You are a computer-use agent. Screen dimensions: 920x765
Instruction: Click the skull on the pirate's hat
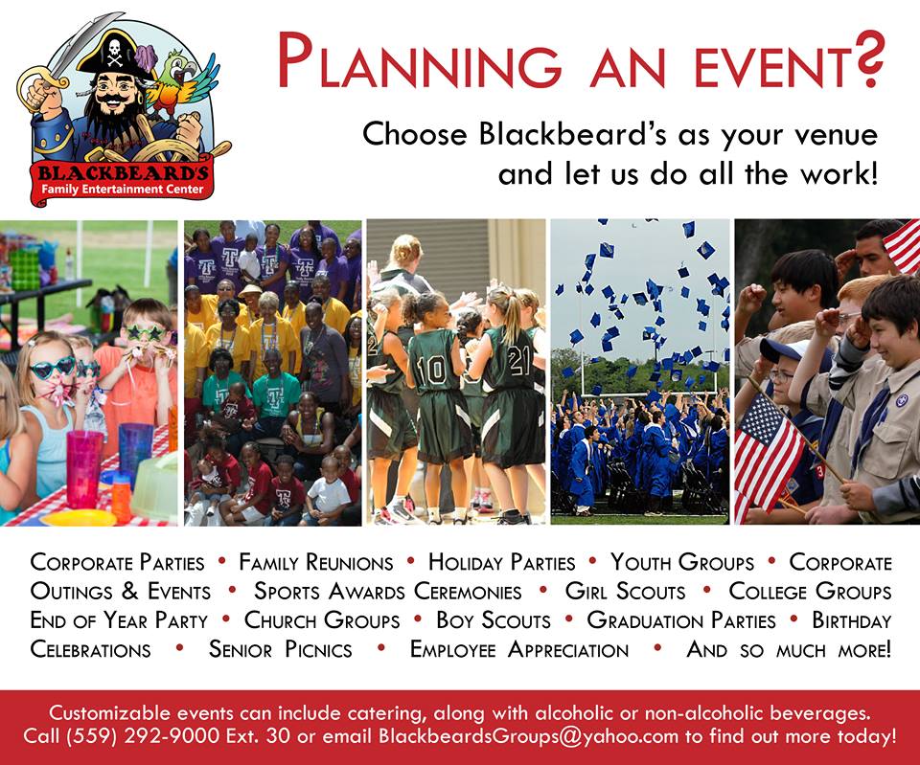point(115,52)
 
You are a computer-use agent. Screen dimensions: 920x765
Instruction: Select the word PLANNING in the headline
point(420,61)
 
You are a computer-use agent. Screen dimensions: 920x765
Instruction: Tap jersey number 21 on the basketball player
point(519,360)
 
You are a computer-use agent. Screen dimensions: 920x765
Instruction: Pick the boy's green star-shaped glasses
point(145,333)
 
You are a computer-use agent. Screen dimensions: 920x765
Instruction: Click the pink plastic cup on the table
point(84,469)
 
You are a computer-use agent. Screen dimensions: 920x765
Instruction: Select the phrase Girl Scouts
point(625,591)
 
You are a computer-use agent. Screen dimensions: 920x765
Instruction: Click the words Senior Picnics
point(281,649)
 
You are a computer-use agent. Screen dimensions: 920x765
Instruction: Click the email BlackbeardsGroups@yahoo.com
point(528,735)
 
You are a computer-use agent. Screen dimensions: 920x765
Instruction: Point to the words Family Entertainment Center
point(122,190)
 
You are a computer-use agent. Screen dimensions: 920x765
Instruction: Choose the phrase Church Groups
point(322,620)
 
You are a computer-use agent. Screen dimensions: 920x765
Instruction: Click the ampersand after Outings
point(129,591)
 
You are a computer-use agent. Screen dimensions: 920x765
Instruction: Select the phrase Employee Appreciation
point(519,649)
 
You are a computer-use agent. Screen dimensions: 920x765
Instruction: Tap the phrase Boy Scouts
point(494,620)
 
